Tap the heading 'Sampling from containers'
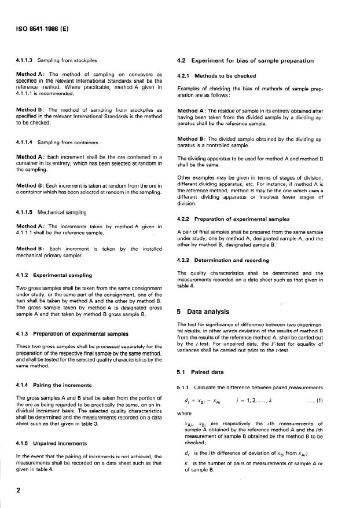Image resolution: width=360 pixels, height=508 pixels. [x=68, y=141]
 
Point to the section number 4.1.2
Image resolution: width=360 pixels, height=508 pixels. [x=23, y=274]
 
